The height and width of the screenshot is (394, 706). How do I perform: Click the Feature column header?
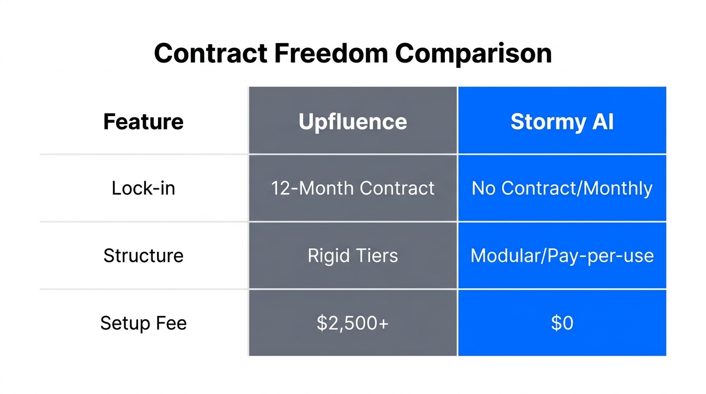(x=143, y=122)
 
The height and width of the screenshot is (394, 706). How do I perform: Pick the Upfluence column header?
(x=352, y=122)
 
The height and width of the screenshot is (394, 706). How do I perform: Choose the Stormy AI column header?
(x=562, y=122)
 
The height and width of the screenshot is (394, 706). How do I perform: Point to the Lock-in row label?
(x=143, y=188)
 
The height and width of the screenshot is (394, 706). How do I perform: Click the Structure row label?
(x=143, y=255)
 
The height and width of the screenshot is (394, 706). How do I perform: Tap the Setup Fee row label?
(x=143, y=323)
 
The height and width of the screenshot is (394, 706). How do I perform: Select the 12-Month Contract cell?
(x=352, y=188)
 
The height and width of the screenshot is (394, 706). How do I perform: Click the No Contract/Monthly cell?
(x=562, y=188)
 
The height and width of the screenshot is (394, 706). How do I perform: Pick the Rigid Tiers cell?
(x=352, y=255)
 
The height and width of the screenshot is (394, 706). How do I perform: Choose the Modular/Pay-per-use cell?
(x=562, y=255)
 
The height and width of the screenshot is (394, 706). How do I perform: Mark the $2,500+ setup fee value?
(x=352, y=323)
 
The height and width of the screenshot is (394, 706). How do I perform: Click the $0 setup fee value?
(x=562, y=323)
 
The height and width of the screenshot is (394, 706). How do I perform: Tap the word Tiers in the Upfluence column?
(x=377, y=255)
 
